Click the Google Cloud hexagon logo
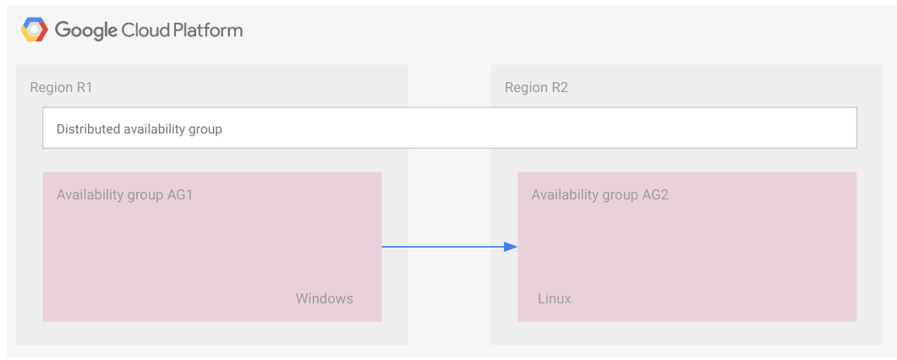[34, 30]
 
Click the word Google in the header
[86, 31]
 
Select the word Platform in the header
[208, 30]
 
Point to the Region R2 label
[536, 87]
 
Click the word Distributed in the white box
[88, 129]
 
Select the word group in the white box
[205, 130]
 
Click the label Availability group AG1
[125, 194]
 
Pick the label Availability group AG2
[600, 194]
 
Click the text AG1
[179, 194]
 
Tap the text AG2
[654, 194]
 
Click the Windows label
[324, 298]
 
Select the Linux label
[555, 298]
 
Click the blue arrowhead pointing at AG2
[510, 247]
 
